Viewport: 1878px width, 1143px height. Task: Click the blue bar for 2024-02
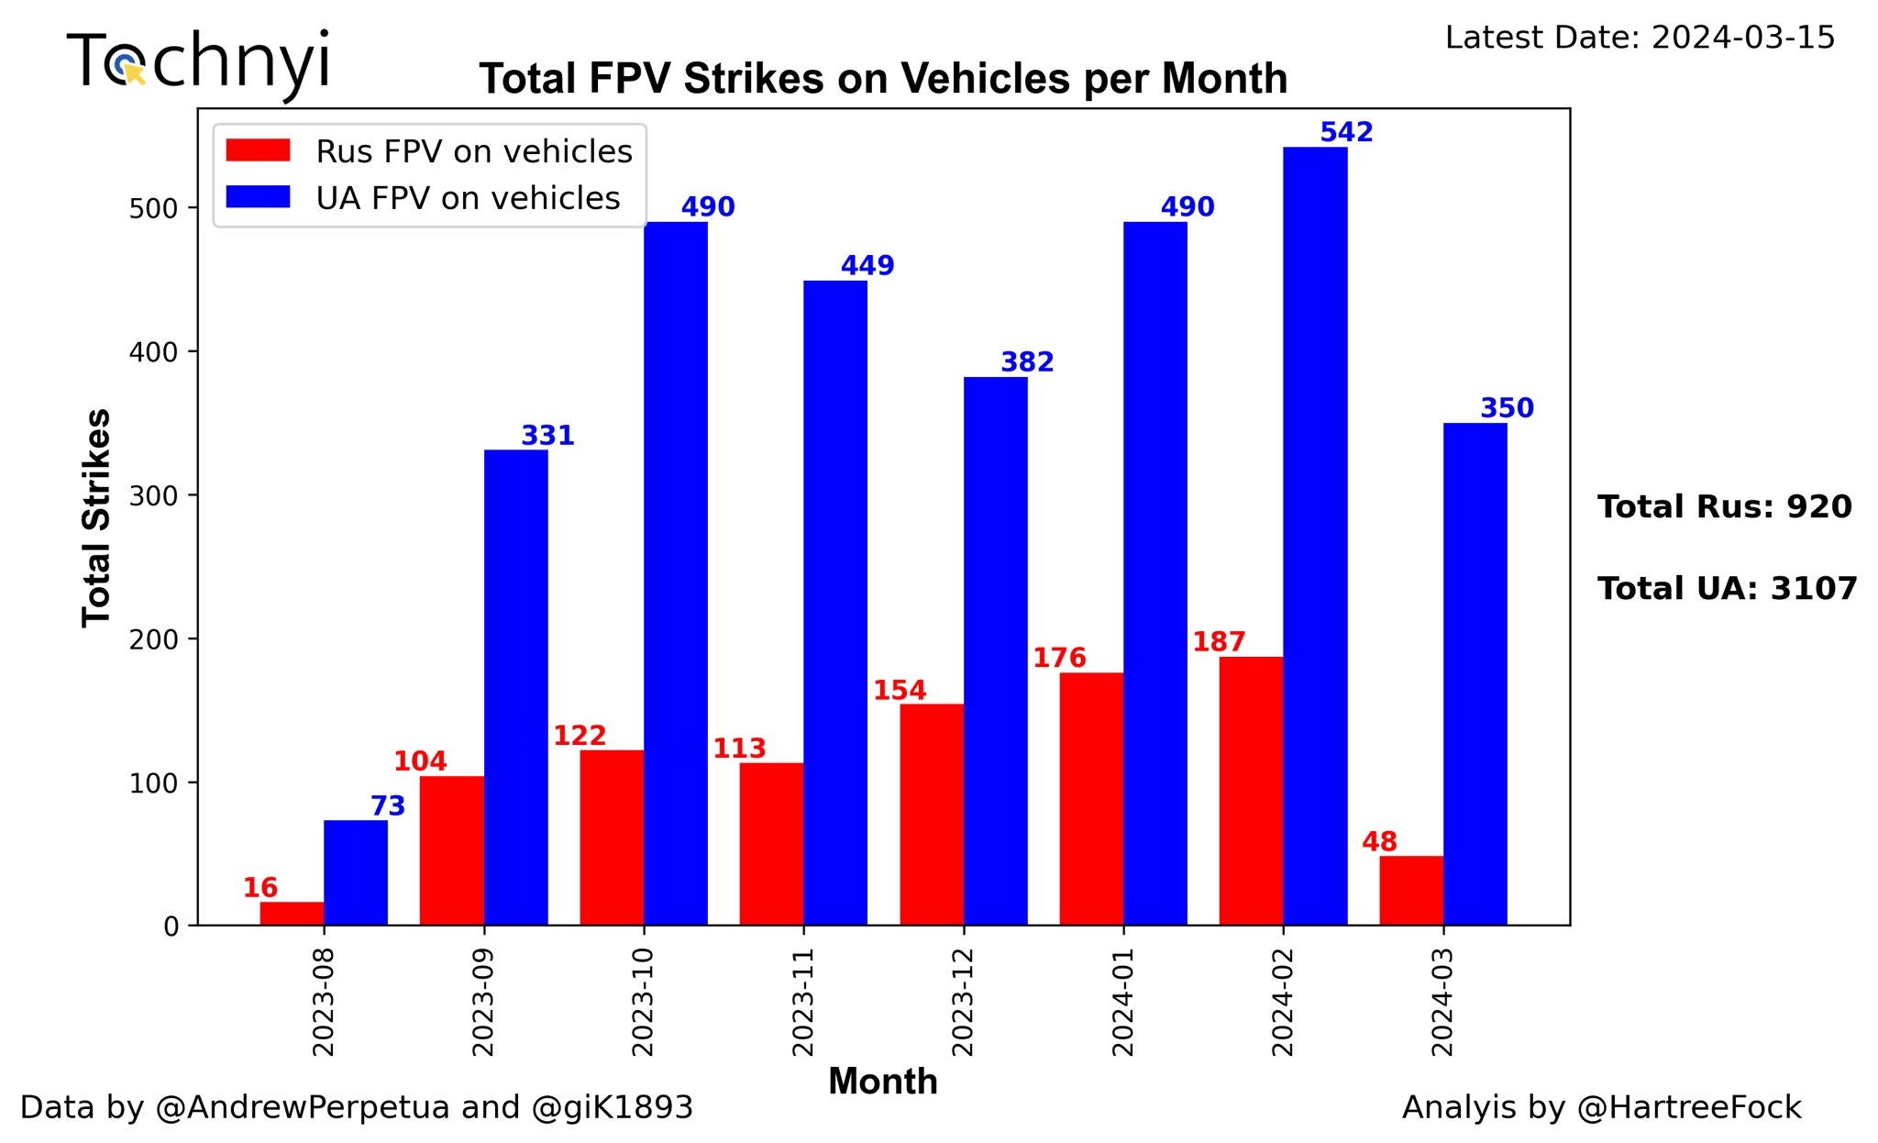pyautogui.click(x=1315, y=536)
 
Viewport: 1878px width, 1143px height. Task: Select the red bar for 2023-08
pyautogui.click(x=292, y=914)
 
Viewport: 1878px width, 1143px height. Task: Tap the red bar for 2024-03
pyautogui.click(x=1411, y=891)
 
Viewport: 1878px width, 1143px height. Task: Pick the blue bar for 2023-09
pyautogui.click(x=515, y=687)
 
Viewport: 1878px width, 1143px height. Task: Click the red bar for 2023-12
pyautogui.click(x=932, y=815)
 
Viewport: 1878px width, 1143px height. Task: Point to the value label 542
pyautogui.click(x=1346, y=132)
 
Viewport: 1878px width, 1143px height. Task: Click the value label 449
pyautogui.click(x=867, y=265)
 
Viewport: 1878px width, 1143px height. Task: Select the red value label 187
pyautogui.click(x=1219, y=641)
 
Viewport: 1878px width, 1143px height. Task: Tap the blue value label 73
pyautogui.click(x=387, y=805)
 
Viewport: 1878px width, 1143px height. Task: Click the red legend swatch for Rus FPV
pyautogui.click(x=258, y=150)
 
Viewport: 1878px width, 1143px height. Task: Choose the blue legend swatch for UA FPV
pyautogui.click(x=258, y=197)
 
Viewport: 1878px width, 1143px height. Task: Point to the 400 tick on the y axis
pyautogui.click(x=153, y=352)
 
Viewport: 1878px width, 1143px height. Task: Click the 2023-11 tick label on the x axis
pyautogui.click(x=803, y=1002)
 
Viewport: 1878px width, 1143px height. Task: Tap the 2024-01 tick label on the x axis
pyautogui.click(x=1123, y=1002)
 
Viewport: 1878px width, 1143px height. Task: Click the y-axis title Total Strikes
pyautogui.click(x=96, y=517)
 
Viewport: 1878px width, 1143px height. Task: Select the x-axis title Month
pyautogui.click(x=882, y=1082)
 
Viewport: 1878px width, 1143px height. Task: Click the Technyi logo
pyautogui.click(x=198, y=62)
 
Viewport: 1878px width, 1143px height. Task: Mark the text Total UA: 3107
pyautogui.click(x=1727, y=588)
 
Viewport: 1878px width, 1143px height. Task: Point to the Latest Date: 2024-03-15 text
pyautogui.click(x=1640, y=38)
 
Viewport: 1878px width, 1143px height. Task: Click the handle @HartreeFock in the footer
pyautogui.click(x=1689, y=1107)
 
